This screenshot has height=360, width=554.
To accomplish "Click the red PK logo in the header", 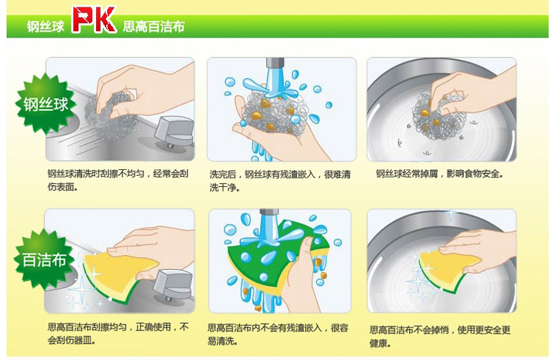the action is pyautogui.click(x=94, y=19).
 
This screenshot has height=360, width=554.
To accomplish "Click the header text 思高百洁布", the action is pyautogui.click(x=154, y=27).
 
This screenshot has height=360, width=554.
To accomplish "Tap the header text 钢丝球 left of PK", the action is pyautogui.click(x=46, y=27).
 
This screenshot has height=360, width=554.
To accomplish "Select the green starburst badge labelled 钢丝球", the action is pyautogui.click(x=46, y=104).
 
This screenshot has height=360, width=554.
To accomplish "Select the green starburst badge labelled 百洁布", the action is pyautogui.click(x=44, y=260).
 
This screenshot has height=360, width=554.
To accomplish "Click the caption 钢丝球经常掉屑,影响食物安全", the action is pyautogui.click(x=440, y=174).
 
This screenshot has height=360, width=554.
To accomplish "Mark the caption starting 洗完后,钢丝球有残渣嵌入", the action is pyautogui.click(x=280, y=180).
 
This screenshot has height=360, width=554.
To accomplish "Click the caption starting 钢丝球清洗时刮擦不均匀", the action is pyautogui.click(x=117, y=180).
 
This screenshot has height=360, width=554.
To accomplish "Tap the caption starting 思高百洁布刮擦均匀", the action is pyautogui.click(x=118, y=333).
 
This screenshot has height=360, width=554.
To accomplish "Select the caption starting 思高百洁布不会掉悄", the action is pyautogui.click(x=440, y=336).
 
